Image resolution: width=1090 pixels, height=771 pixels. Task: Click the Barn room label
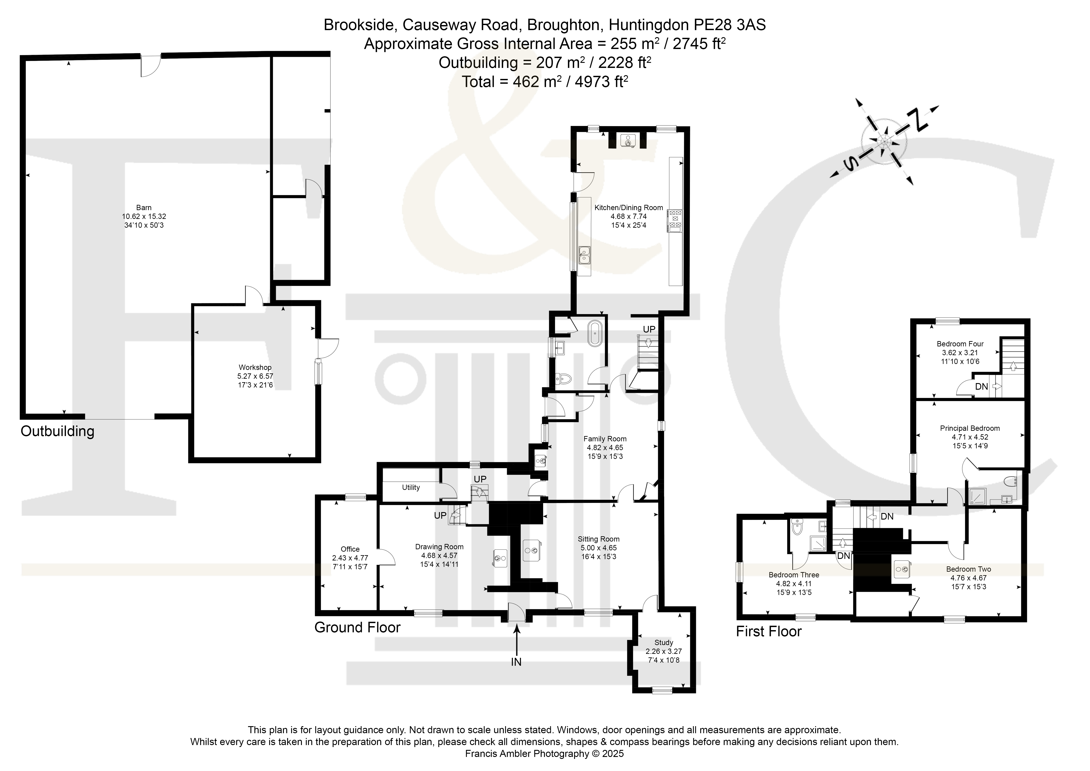[x=144, y=207]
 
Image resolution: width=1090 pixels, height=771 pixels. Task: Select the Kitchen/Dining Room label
[x=629, y=207]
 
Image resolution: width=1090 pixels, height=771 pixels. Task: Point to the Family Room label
[x=605, y=439]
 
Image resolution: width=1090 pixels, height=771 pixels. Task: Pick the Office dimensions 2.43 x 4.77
[x=350, y=558]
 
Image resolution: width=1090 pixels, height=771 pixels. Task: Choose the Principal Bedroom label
[x=970, y=428]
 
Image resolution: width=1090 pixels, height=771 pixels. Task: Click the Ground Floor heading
[x=357, y=628]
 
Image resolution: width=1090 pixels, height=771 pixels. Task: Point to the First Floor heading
[x=769, y=631]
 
